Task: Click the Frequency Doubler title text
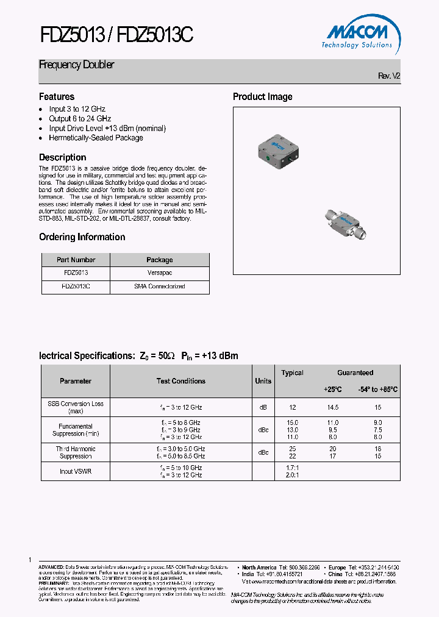coord(77,65)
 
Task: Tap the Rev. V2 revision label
coord(389,76)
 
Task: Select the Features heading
coord(57,97)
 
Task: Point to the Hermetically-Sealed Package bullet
coord(96,138)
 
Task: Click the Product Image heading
coord(263,97)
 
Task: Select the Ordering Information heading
coord(82,237)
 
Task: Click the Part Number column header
coord(76,260)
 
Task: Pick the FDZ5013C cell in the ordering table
coord(76,286)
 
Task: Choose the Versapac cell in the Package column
coord(160,273)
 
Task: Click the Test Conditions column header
coord(181,381)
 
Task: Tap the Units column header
coord(263,381)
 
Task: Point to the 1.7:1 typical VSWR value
coord(292,468)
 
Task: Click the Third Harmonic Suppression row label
coord(76,452)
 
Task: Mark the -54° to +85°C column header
coord(377,389)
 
